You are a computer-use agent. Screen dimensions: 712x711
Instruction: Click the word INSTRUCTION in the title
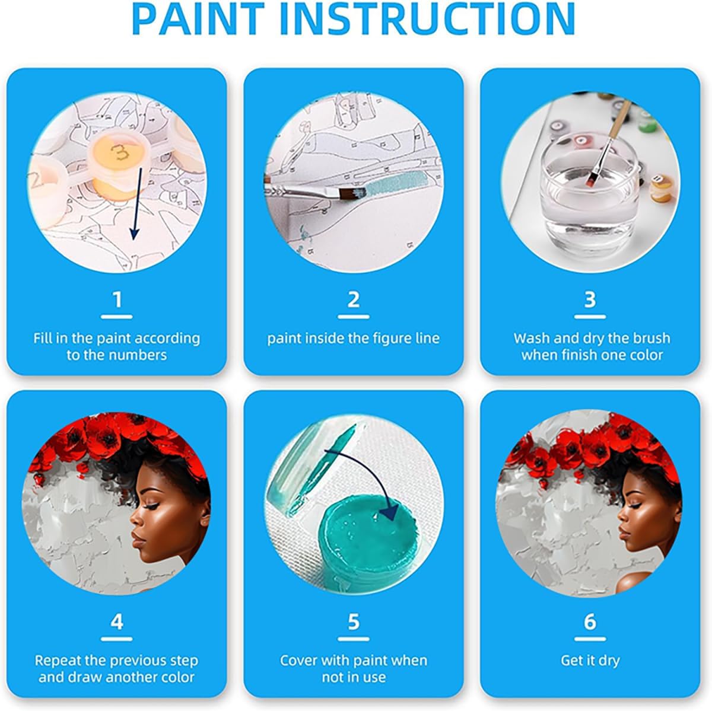coord(427,19)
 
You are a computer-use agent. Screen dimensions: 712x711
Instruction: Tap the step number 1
coord(117,299)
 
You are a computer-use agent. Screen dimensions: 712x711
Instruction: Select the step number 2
coord(354,299)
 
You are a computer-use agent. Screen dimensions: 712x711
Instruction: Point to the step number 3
coord(590,299)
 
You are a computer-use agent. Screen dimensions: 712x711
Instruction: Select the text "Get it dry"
coord(590,660)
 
